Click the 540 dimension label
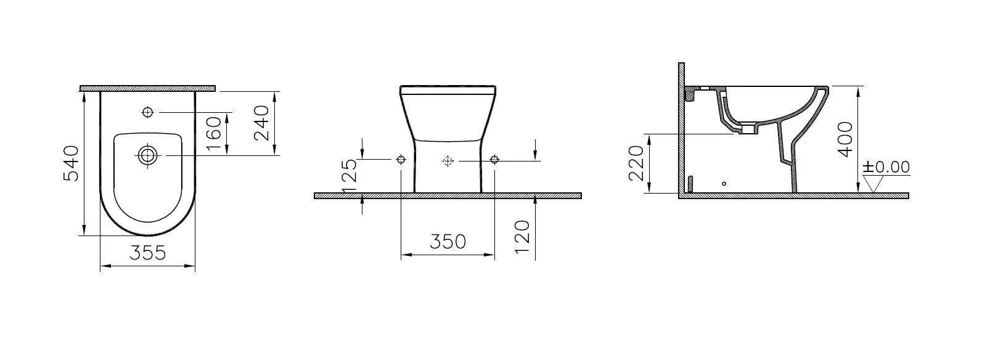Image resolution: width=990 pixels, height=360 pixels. coord(73,163)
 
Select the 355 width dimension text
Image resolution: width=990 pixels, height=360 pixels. coord(148,253)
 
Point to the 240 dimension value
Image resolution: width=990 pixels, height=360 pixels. coord(261,123)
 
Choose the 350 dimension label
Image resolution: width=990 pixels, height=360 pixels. coord(448,241)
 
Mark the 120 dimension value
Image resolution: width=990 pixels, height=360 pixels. coord(522,234)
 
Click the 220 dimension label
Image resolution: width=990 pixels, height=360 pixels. coord(637,163)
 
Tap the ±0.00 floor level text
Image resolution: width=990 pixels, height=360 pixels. coord(886,167)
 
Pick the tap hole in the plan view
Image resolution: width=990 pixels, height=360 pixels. coord(148,112)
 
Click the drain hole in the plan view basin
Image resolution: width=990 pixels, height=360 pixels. coord(147,155)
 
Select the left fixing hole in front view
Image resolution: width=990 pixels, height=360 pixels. coord(401,160)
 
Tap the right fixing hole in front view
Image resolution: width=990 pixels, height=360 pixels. coord(494,160)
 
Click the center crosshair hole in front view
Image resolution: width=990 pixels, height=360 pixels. coord(448,161)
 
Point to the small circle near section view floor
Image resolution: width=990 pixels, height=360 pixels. coord(724,184)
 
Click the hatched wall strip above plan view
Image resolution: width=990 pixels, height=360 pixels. coord(148,88)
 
